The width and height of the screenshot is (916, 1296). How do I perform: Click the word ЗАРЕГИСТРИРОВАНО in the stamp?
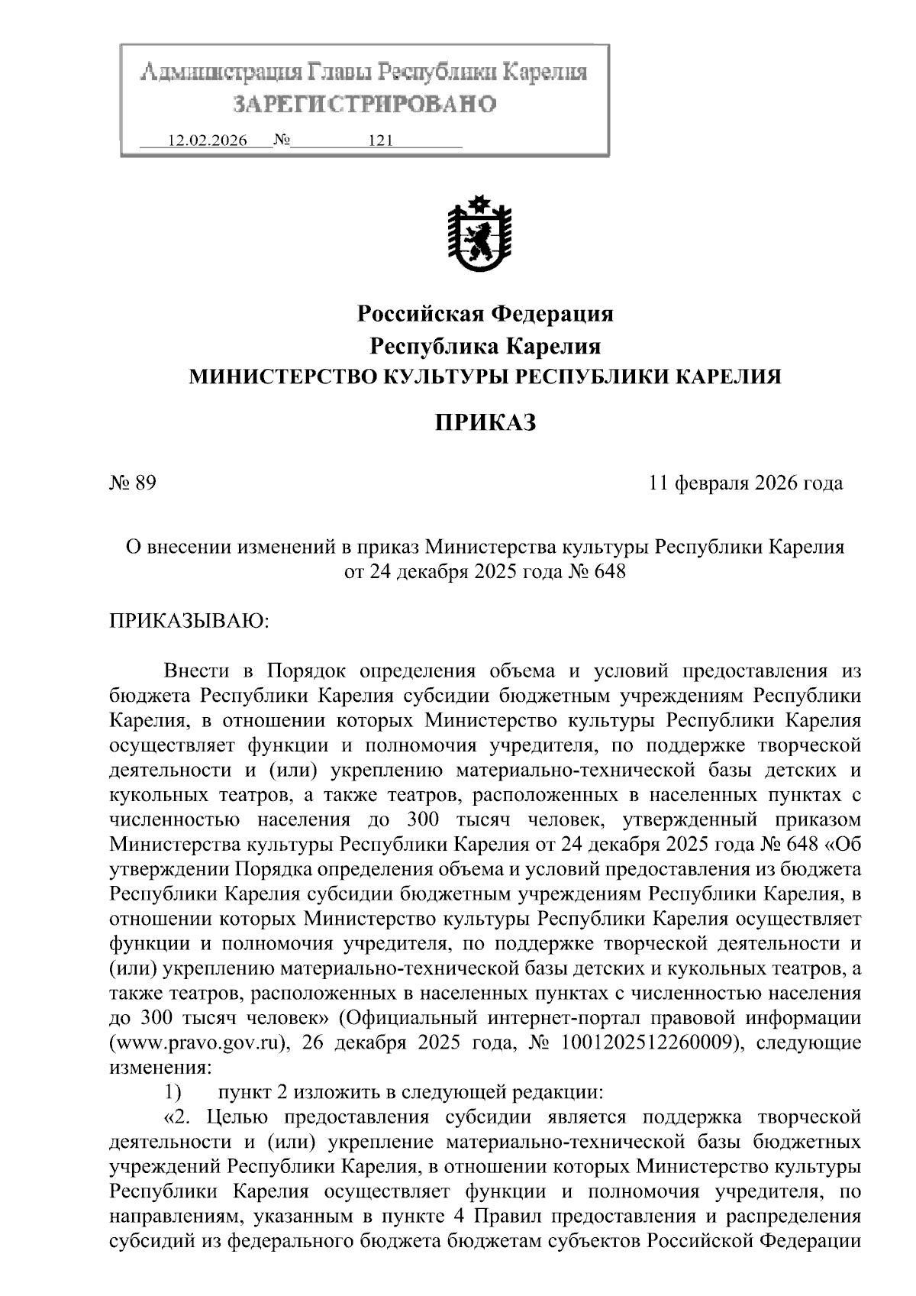point(364,104)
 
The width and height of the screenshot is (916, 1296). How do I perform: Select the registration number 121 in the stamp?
point(380,141)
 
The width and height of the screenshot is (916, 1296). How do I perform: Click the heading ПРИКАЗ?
point(485,422)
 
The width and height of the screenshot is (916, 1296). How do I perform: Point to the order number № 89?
point(134,483)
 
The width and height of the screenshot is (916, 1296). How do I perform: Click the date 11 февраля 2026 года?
point(746,483)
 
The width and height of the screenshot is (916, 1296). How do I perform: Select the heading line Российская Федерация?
point(485,313)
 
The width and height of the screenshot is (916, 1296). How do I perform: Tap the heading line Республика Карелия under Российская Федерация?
point(485,346)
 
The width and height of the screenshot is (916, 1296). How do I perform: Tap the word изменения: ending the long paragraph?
point(159,1068)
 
